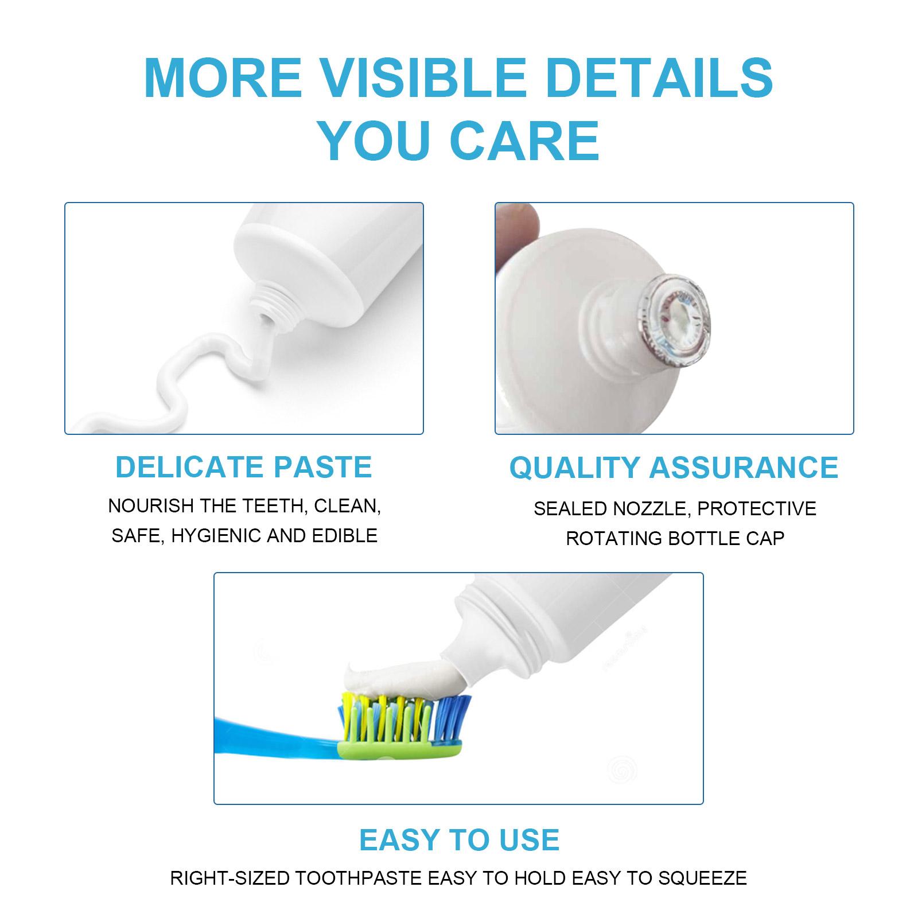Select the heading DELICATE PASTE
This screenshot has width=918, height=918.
(x=244, y=466)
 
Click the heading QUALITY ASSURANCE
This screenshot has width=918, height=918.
(x=674, y=467)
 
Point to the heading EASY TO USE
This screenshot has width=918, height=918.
(x=459, y=840)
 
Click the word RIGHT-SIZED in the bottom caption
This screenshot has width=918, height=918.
(x=230, y=878)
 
